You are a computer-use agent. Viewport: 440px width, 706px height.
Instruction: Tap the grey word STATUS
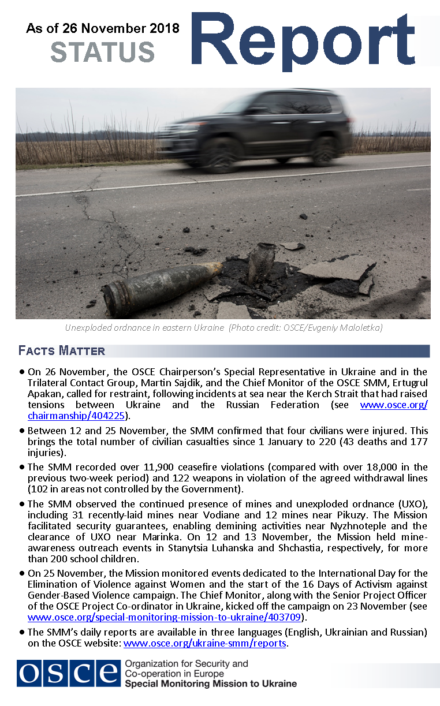(x=102, y=53)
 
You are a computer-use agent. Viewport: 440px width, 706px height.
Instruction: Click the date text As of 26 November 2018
(x=103, y=28)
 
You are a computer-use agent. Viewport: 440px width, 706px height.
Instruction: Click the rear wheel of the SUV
(x=324, y=151)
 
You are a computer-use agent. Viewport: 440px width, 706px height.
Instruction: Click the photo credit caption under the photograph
(x=223, y=328)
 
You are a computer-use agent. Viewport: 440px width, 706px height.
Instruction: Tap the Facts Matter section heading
(x=62, y=351)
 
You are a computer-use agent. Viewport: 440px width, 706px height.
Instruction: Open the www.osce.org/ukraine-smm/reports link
(x=205, y=643)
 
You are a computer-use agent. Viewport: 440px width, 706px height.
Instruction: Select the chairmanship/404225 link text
(x=76, y=416)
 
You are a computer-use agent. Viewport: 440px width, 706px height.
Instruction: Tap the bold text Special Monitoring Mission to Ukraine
(x=211, y=683)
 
